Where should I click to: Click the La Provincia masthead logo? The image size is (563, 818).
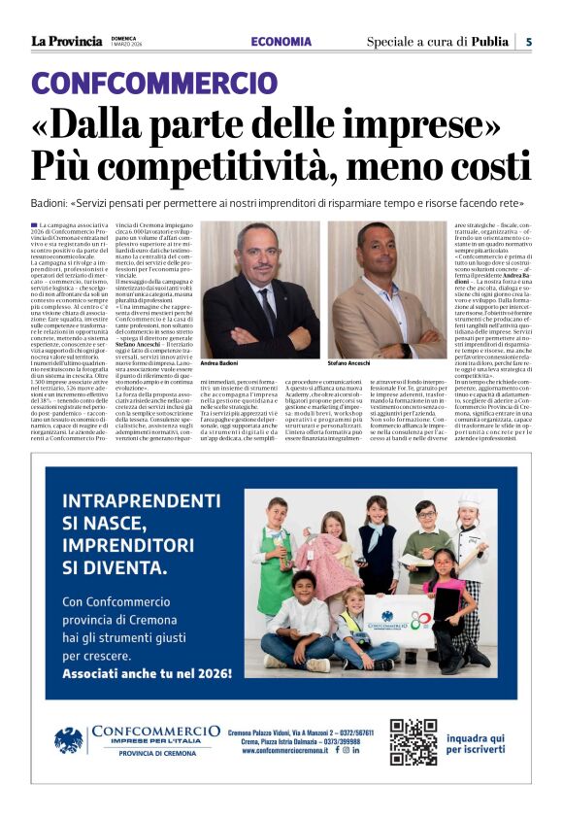pos(66,41)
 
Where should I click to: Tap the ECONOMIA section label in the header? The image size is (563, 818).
pos(281,42)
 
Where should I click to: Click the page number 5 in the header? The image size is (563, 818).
pos(529,42)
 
